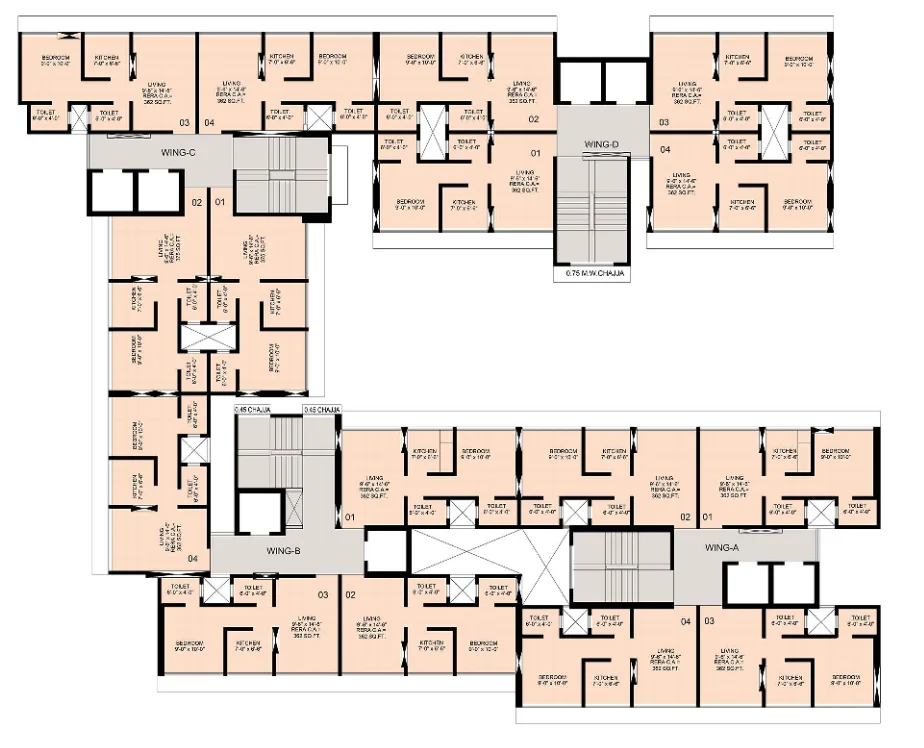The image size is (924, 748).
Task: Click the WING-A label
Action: pos(721,548)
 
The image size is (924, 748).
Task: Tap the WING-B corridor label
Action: pos(285,551)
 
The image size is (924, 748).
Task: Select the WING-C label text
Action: pos(177,152)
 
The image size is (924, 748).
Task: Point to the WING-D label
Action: pos(602,145)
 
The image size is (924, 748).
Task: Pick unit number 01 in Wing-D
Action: pos(535,153)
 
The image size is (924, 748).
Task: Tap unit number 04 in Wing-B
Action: pos(191,557)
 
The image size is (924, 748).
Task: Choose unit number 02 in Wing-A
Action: pos(686,517)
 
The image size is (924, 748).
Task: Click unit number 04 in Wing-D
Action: pos(665,149)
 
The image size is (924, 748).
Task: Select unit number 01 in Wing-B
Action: pos(350,517)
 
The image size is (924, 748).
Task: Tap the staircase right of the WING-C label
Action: pos(279,174)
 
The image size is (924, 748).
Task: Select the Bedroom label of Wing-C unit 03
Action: pos(55,59)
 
